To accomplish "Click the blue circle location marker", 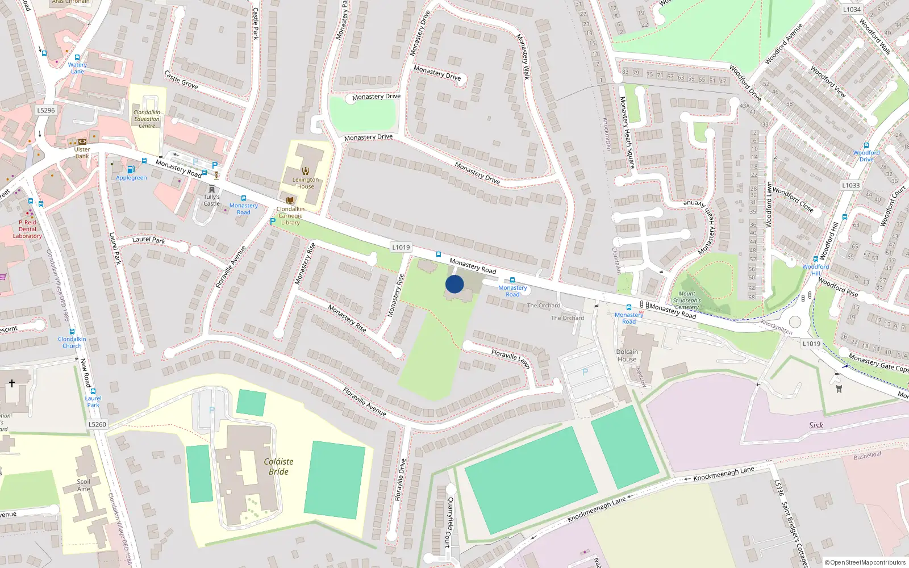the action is [454, 284].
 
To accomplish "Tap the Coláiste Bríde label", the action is [278, 466].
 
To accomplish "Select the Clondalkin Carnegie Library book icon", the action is [290, 201].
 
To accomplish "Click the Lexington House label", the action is [306, 183].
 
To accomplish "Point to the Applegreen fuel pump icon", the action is [131, 169].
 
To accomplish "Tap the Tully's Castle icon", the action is [212, 189].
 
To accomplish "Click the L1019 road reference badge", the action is [401, 247].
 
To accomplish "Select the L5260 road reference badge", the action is [97, 424].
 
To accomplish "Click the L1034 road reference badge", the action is [852, 10].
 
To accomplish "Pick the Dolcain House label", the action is [627, 356].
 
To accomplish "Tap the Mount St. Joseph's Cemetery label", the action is [687, 300].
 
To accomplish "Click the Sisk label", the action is [816, 425].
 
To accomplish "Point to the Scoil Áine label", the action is [84, 485].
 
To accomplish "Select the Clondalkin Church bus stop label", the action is [72, 342].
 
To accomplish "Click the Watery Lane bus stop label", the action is [77, 68].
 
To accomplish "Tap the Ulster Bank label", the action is [82, 153].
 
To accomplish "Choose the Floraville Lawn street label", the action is [510, 358].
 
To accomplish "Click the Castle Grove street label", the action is [181, 80].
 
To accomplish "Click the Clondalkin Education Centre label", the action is [147, 119].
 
